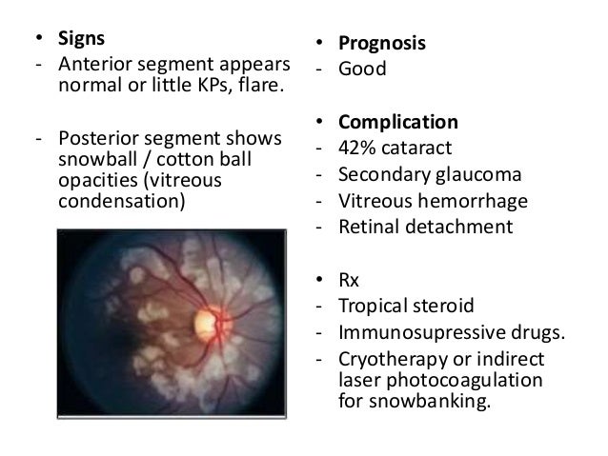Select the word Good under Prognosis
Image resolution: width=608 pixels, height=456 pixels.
pyautogui.click(x=364, y=69)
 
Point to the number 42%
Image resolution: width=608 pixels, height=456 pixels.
pyautogui.click(x=355, y=149)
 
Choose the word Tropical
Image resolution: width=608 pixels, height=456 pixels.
pyautogui.click(x=373, y=307)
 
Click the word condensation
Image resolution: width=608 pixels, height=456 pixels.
pyautogui.click(x=118, y=202)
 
